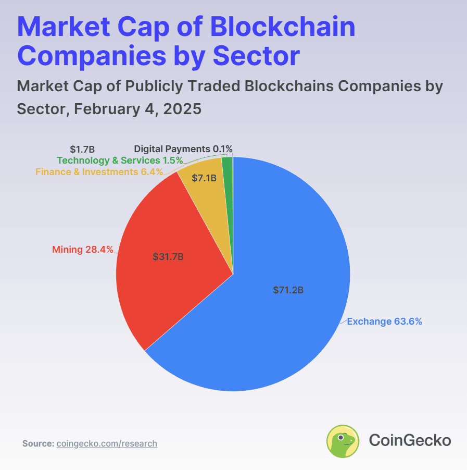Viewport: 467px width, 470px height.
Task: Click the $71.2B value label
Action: click(288, 290)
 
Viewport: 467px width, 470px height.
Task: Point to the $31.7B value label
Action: click(168, 257)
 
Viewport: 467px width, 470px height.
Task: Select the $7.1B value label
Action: click(204, 178)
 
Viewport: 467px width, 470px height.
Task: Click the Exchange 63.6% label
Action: click(384, 321)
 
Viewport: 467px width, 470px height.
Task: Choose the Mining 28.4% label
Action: click(83, 250)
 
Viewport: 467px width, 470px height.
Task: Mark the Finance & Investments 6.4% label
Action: click(99, 171)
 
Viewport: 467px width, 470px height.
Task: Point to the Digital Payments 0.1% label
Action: click(183, 149)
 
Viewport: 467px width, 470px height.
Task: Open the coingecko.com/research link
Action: click(107, 444)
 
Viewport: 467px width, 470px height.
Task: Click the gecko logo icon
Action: click(343, 441)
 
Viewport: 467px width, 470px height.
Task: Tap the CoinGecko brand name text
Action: click(410, 440)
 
